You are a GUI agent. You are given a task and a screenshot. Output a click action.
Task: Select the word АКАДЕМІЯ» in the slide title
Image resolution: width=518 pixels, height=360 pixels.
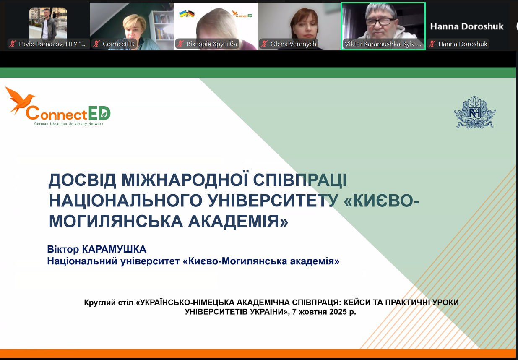(238, 222)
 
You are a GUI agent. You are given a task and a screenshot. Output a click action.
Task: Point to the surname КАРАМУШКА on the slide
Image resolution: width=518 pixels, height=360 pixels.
(114, 249)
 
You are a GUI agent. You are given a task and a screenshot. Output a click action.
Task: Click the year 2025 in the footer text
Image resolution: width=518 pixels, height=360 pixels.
(338, 312)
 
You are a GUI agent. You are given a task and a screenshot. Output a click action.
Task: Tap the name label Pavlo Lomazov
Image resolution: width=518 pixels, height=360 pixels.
(52, 44)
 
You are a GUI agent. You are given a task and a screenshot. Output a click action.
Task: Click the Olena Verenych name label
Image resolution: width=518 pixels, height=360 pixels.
(293, 44)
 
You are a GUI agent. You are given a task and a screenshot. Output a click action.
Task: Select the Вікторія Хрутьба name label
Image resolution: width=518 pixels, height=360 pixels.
(212, 44)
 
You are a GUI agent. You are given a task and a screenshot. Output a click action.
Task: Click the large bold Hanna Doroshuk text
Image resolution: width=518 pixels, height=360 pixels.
(467, 26)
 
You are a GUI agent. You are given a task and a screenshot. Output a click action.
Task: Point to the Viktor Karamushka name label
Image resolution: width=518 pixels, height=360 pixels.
(383, 44)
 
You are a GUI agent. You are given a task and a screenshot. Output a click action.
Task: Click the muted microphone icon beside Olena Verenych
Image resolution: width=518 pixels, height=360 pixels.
(264, 44)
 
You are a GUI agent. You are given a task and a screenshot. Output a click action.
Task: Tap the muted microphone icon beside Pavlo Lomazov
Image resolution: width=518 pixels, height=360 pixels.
(13, 44)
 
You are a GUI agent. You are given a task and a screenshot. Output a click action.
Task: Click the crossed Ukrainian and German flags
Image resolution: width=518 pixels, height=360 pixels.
(187, 14)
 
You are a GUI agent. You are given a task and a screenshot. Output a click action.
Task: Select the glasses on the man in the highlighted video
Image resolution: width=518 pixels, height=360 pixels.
(380, 22)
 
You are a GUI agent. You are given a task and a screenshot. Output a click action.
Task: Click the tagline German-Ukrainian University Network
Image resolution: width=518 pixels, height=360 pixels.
(69, 124)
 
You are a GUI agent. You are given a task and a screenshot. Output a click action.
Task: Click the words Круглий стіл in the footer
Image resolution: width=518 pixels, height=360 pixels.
(109, 303)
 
